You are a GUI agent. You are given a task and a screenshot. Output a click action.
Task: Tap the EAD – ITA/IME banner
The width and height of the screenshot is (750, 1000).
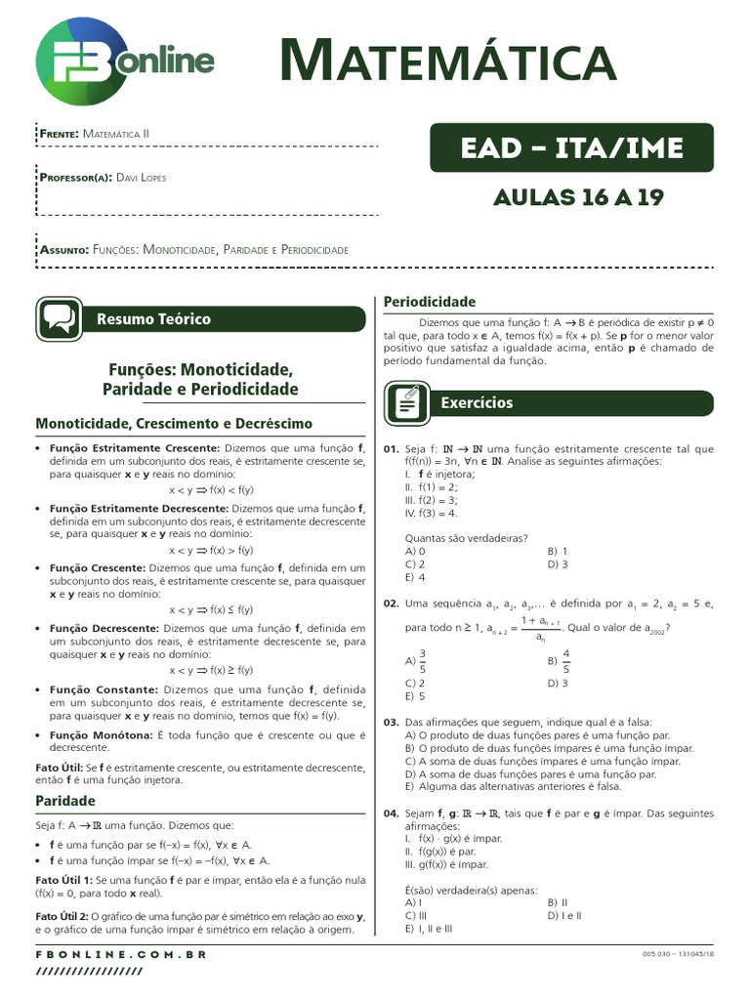(571, 148)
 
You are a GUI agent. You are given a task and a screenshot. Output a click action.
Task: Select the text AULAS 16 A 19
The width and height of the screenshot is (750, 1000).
(571, 197)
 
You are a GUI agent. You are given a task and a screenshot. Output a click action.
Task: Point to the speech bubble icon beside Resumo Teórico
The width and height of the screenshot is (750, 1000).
(59, 319)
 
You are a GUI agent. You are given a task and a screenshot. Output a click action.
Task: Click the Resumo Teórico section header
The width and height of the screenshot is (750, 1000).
(153, 319)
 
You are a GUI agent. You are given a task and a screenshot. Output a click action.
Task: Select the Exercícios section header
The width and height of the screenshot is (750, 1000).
(477, 402)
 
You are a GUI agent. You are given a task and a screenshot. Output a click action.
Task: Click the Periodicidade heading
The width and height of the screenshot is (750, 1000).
(429, 302)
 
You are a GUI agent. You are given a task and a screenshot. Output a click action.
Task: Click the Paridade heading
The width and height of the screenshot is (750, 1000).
(65, 801)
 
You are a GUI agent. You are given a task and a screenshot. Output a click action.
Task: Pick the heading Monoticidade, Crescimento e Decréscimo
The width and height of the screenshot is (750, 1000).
(174, 424)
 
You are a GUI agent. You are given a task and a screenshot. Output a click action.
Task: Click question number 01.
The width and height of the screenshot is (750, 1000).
(391, 449)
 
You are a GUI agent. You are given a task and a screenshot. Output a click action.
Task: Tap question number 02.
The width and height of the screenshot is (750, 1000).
(391, 604)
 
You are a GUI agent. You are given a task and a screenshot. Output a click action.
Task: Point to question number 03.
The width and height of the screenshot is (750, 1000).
(391, 722)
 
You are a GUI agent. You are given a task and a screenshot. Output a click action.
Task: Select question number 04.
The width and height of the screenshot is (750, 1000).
(391, 813)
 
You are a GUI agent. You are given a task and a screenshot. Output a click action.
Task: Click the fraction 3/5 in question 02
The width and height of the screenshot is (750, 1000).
(422, 661)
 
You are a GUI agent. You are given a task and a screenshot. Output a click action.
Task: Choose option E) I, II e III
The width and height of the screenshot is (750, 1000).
(429, 929)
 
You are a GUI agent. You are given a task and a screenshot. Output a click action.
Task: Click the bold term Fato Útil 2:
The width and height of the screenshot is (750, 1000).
(62, 916)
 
